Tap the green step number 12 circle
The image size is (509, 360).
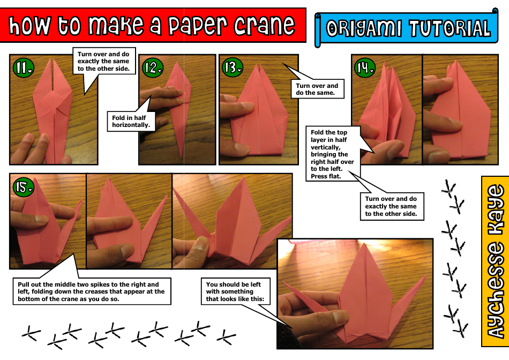pyautogui.click(x=152, y=67)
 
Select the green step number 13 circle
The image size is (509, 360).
pyautogui.click(x=233, y=67)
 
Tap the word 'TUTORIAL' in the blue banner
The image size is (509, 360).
pyautogui.click(x=448, y=28)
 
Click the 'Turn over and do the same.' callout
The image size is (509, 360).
pyautogui.click(x=317, y=89)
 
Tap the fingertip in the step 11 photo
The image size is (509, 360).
pyautogui.click(x=26, y=140)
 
